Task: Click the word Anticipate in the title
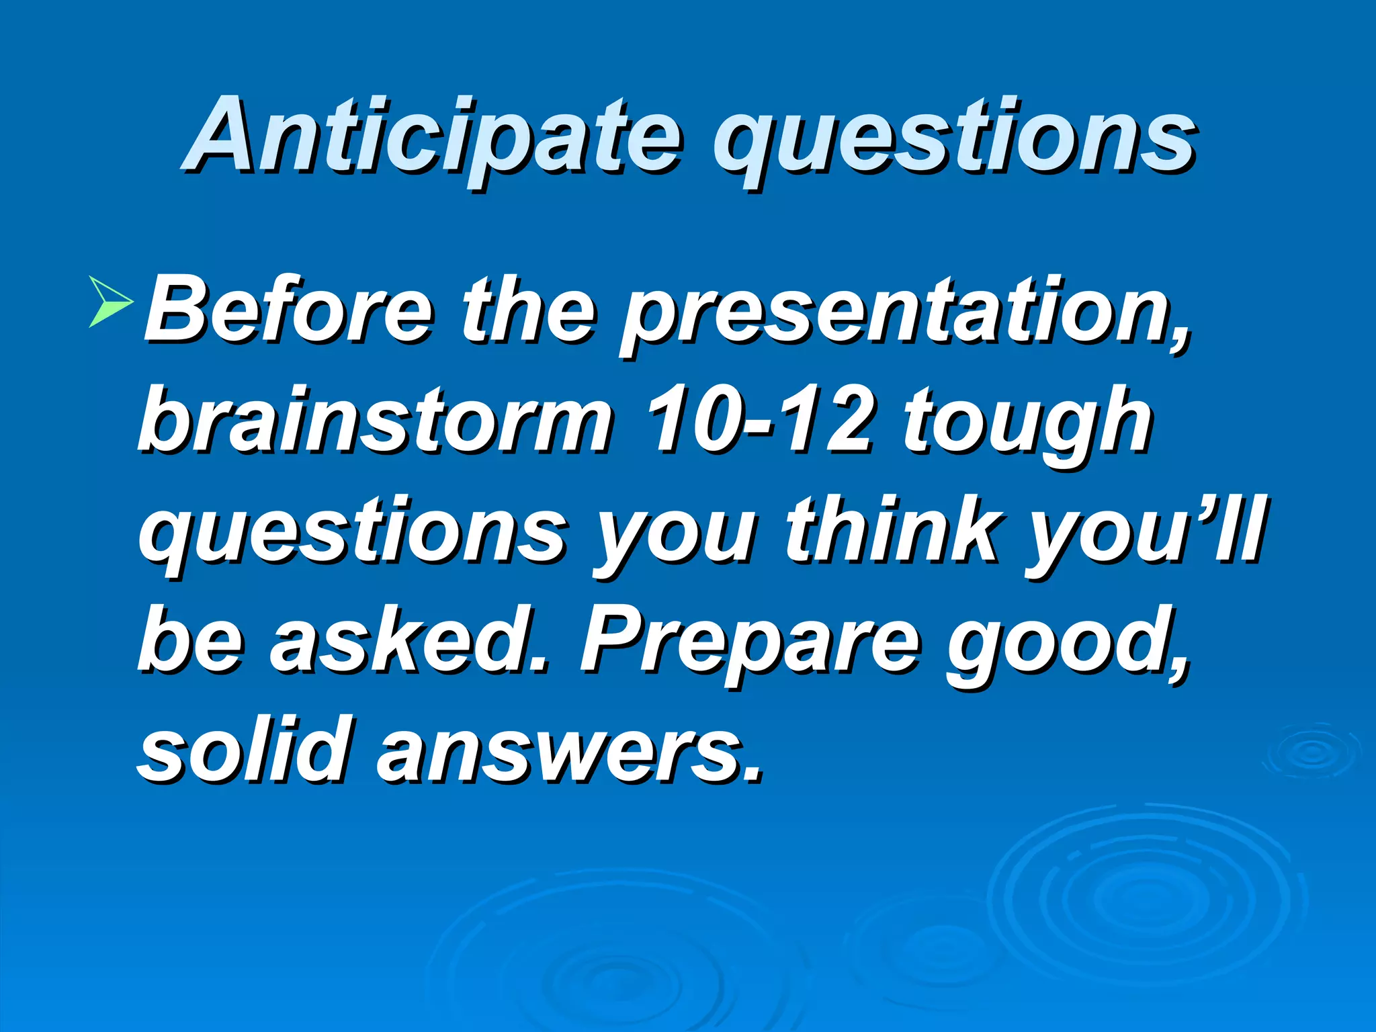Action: coord(433,138)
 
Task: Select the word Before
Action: coord(289,310)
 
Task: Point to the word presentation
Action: coord(904,316)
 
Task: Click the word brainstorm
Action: coord(376,421)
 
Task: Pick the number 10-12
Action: coord(759,421)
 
